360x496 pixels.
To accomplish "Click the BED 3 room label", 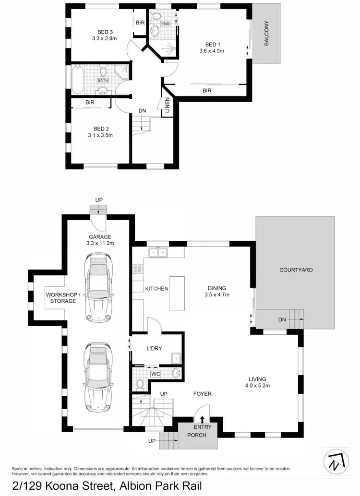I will (101, 32).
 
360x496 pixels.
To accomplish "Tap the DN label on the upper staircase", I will (142, 110).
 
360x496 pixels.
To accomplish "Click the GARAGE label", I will (99, 236).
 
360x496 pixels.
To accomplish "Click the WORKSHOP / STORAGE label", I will (61, 297).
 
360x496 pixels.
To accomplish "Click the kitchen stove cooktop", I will (138, 271).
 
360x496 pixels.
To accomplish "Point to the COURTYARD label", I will (296, 270).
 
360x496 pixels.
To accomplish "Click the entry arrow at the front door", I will (202, 420).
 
